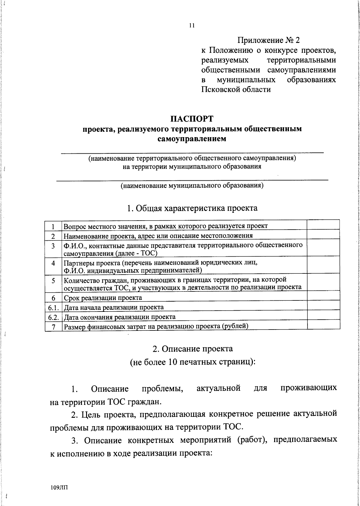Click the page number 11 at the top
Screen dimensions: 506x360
coord(192,26)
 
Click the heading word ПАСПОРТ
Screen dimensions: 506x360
coord(192,119)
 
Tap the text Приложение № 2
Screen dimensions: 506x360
coord(268,40)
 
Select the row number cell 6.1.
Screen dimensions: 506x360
coord(53,307)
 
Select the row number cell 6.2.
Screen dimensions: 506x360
coord(53,317)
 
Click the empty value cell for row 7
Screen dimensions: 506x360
coord(323,326)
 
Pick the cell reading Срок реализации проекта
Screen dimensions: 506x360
coord(103,298)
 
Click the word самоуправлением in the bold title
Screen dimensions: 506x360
coord(192,139)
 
